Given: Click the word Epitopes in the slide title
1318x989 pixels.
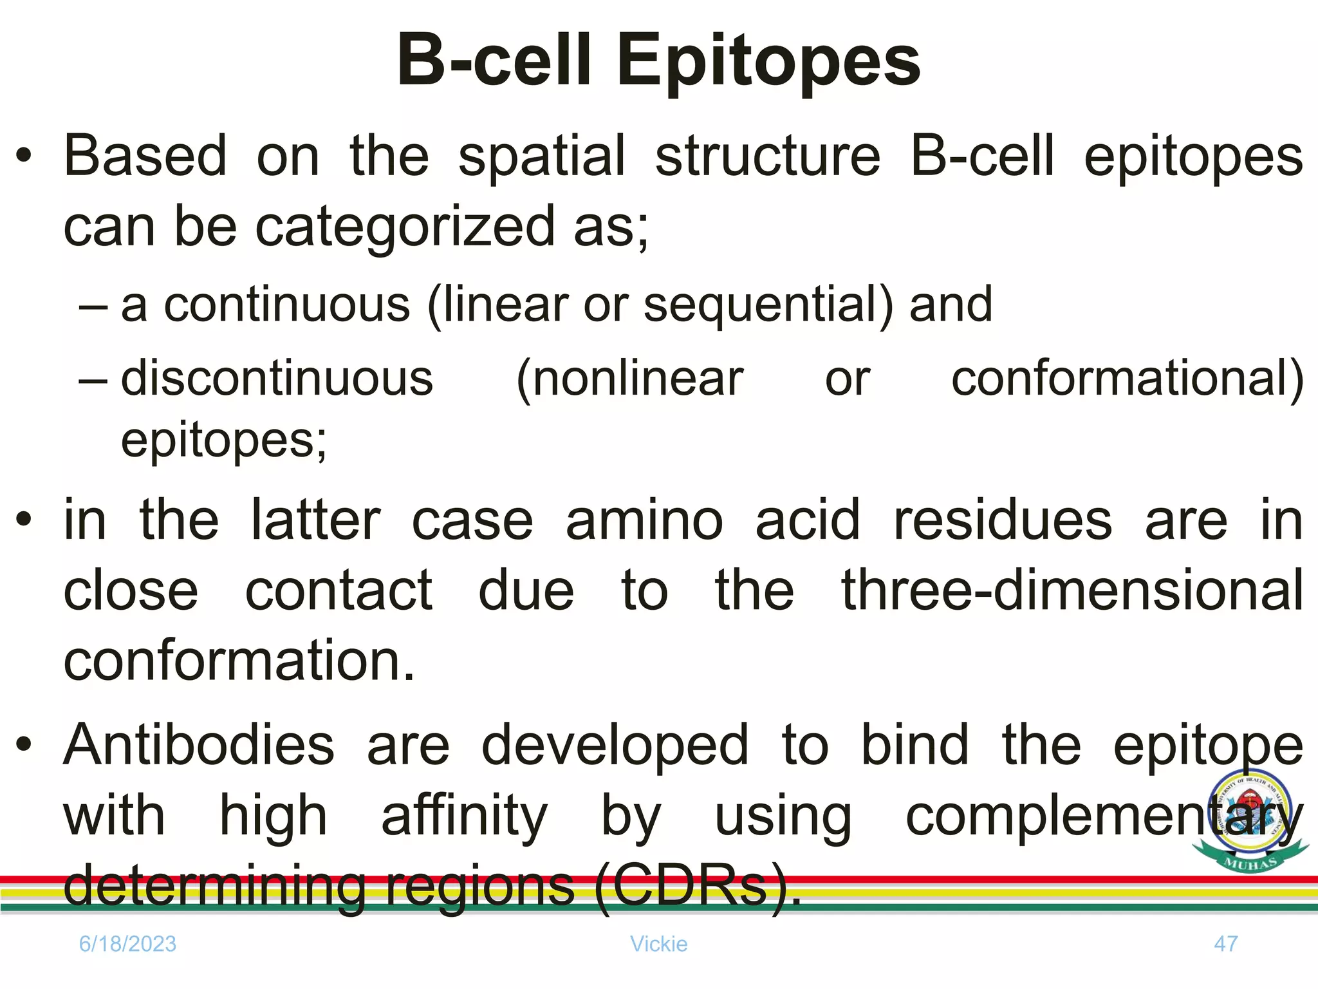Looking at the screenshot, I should click(768, 62).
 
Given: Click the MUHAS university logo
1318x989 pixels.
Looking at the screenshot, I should click(1250, 822).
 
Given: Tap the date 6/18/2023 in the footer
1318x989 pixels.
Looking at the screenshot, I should click(127, 944).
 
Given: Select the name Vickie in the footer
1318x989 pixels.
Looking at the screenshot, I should click(658, 944).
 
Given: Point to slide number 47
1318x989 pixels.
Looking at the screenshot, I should click(1225, 944).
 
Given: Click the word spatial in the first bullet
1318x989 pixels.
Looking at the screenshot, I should click(541, 157).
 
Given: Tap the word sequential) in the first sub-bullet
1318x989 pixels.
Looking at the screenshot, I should click(768, 305).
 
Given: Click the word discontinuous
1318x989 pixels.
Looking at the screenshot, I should click(277, 379).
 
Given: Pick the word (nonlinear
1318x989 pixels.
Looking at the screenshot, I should click(629, 379).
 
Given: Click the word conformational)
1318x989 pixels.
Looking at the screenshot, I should click(1127, 379).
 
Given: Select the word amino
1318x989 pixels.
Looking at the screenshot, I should click(644, 520).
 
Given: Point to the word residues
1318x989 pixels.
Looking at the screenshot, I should click(1003, 520).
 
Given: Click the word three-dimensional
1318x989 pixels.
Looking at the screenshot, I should click(1072, 590).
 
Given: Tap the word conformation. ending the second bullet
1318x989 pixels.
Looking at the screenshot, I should click(239, 661).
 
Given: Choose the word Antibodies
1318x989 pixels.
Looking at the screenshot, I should click(199, 746).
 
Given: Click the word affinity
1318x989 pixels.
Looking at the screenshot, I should click(464, 816).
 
